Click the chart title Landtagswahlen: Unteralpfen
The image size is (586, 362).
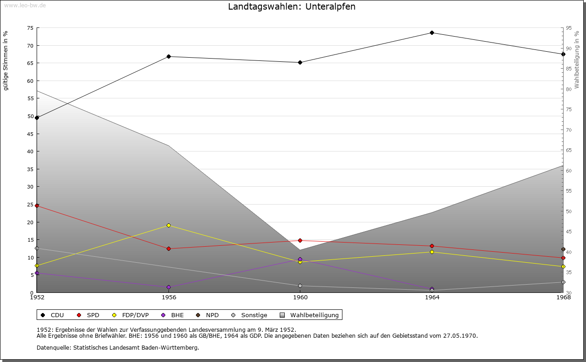[292, 7]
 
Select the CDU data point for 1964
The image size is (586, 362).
[432, 33]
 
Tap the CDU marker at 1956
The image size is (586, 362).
[169, 57]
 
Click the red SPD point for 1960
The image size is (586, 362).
[300, 240]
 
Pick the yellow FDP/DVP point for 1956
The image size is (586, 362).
[169, 225]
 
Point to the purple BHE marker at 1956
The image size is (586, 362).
[169, 287]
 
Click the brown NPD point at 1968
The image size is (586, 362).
[563, 249]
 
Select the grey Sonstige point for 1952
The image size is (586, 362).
[37, 249]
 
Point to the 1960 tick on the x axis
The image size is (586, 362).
[300, 297]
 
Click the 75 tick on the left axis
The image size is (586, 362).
[30, 28]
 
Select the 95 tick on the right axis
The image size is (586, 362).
[569, 28]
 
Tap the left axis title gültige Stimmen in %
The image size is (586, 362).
[6, 61]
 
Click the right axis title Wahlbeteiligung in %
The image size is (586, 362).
[577, 59]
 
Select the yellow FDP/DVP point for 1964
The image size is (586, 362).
[432, 252]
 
